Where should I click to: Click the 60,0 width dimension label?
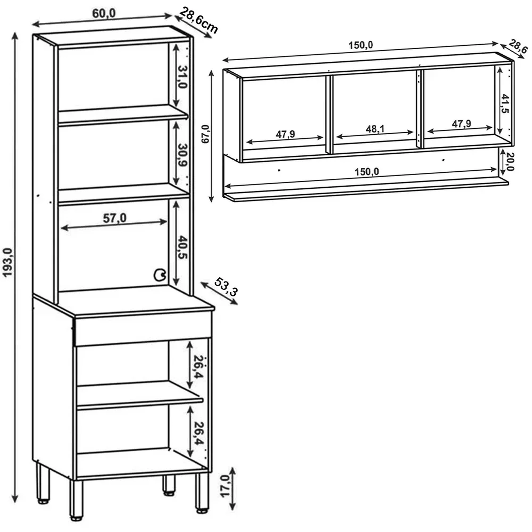[x=104, y=13]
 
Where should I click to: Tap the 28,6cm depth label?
[x=198, y=21]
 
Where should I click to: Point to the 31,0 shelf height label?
[x=182, y=77]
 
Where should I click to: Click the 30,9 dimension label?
[x=182, y=155]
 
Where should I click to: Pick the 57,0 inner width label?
[x=115, y=218]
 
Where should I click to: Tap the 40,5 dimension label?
[x=182, y=247]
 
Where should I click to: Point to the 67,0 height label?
[x=205, y=134]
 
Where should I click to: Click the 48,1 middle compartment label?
[x=375, y=129]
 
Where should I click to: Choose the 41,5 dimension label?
[x=505, y=104]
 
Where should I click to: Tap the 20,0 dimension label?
[x=510, y=161]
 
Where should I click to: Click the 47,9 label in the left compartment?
[x=286, y=134]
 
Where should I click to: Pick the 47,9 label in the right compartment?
[x=461, y=124]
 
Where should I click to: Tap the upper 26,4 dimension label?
[x=198, y=367]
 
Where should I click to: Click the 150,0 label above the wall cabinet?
[x=361, y=45]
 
